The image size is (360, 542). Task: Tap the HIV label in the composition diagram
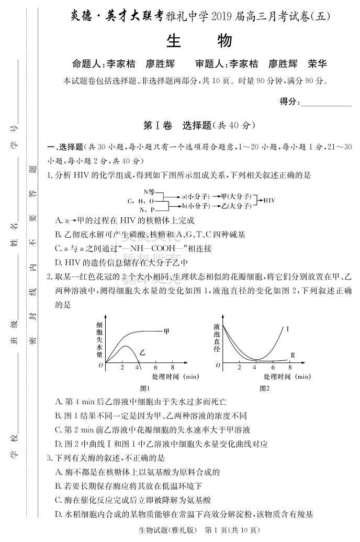(x=269, y=201)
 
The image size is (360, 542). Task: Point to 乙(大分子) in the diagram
(x=235, y=206)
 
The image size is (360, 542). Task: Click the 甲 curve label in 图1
(x=166, y=331)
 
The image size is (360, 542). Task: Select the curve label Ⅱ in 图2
(x=293, y=356)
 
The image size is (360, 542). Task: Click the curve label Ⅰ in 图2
(x=288, y=329)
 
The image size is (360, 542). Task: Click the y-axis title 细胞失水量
(x=99, y=339)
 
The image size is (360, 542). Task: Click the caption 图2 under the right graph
(x=264, y=389)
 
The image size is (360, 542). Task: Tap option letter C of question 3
(x=59, y=500)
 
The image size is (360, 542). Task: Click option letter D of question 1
(x=59, y=262)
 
